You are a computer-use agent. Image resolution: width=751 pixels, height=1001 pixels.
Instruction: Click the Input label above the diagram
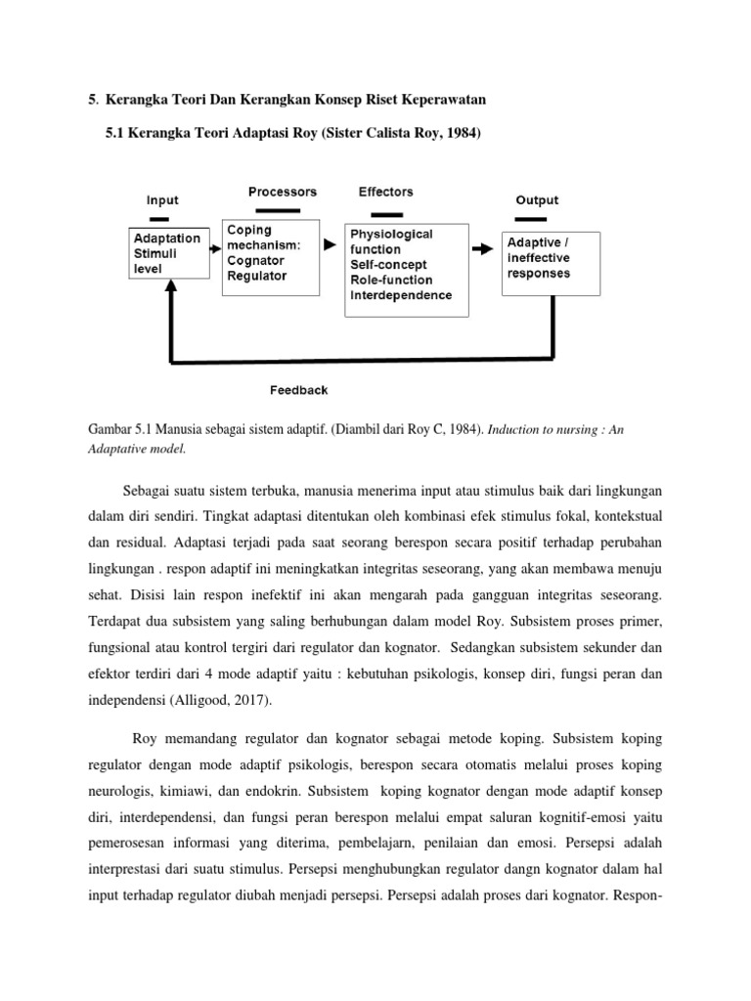[x=162, y=199]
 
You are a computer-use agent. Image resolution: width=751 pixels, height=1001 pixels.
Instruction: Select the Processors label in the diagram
[x=282, y=192]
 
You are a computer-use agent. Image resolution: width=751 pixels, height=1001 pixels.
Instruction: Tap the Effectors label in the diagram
[x=385, y=192]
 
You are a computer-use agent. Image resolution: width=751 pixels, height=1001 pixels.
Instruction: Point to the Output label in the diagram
[x=537, y=199]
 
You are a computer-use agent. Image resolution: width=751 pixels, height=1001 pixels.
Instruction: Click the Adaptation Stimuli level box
[x=167, y=253]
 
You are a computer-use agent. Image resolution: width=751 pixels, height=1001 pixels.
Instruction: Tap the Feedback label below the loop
[x=298, y=390]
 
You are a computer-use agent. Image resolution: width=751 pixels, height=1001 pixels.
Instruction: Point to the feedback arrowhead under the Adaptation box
[x=172, y=287]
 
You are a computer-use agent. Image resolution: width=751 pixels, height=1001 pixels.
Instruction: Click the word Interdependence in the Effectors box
[x=401, y=295]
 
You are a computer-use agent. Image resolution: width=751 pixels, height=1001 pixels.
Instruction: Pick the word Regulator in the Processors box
[x=256, y=276]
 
